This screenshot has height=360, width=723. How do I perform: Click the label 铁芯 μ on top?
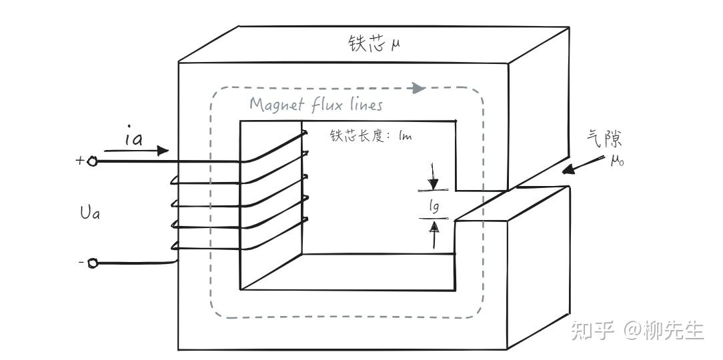tap(373, 45)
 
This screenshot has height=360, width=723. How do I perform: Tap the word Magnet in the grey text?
tap(271, 105)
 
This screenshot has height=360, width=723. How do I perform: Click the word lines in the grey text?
tap(363, 105)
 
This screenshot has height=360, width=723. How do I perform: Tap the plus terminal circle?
tap(93, 160)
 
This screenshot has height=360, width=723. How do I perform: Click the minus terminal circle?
tap(93, 263)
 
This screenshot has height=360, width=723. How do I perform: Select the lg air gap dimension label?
tap(434, 207)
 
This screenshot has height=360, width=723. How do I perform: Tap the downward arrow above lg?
tap(434, 181)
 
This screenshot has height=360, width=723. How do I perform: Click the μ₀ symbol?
tap(616, 162)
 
